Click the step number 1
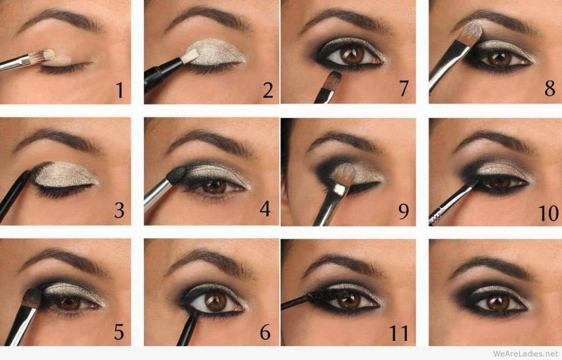click(119, 90)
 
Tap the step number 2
click(268, 90)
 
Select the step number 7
click(403, 88)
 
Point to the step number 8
click(550, 88)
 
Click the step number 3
click(119, 210)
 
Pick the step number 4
click(265, 209)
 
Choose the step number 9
click(403, 212)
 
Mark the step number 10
click(548, 213)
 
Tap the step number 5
click(119, 332)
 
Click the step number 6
click(266, 333)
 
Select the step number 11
click(398, 333)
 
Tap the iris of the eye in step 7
click(352, 56)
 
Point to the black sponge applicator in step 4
click(177, 175)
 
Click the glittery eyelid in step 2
click(216, 52)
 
